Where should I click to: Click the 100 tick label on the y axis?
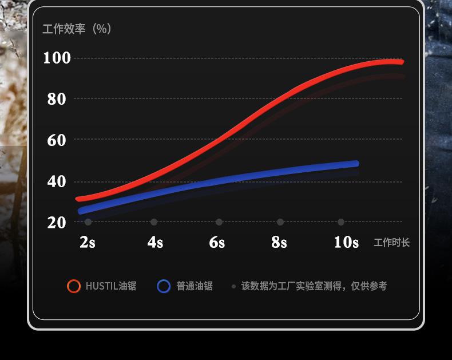click(57, 58)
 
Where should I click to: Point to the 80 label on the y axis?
click(57, 99)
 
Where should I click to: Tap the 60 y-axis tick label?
click(57, 140)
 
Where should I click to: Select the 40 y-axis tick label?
click(57, 181)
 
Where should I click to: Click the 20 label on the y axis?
click(57, 222)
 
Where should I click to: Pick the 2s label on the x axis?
click(88, 242)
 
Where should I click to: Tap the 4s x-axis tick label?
click(155, 242)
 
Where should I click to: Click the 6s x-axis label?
click(217, 242)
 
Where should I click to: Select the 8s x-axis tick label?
click(279, 242)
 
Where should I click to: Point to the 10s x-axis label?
click(346, 242)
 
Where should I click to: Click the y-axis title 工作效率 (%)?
click(77, 29)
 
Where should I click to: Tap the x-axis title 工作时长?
click(392, 243)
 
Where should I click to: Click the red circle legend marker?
click(74, 286)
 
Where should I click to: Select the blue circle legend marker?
click(164, 286)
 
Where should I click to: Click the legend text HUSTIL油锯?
click(111, 286)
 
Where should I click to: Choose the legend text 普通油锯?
click(195, 286)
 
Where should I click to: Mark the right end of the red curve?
click(401, 62)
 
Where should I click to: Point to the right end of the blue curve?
click(356, 164)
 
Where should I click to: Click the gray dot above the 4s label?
click(154, 222)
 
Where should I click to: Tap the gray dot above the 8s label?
click(280, 222)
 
